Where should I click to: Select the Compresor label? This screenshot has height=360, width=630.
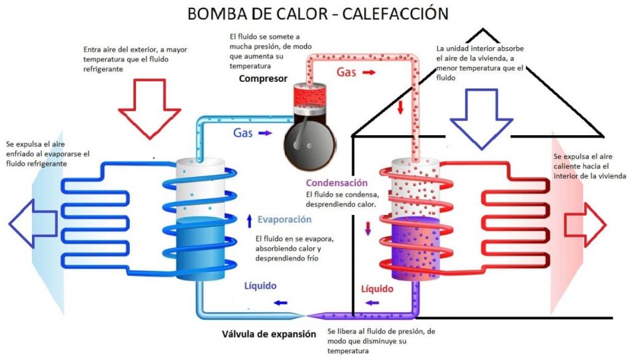(263, 79)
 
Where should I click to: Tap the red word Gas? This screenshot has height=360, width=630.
(346, 72)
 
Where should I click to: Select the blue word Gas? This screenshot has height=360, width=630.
(242, 132)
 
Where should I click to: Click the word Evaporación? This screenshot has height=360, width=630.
(284, 219)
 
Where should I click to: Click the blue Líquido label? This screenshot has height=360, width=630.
(260, 286)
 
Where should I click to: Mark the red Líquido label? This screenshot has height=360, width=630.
(377, 289)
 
